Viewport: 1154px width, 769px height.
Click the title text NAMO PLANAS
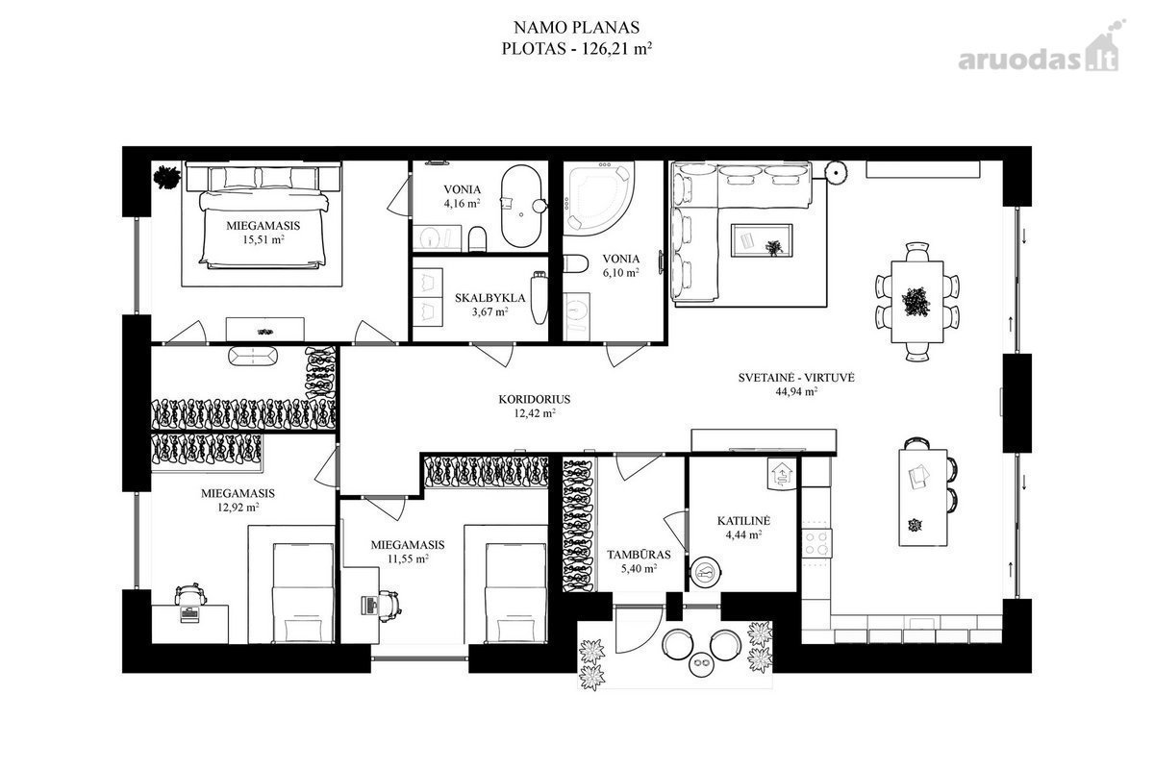pyautogui.click(x=576, y=27)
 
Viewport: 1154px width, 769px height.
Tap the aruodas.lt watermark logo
pyautogui.click(x=1041, y=53)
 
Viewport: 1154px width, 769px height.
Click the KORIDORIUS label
pyautogui.click(x=535, y=399)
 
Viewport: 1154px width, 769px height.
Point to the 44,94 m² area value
pyautogui.click(x=796, y=391)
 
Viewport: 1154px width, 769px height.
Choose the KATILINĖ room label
pyautogui.click(x=743, y=521)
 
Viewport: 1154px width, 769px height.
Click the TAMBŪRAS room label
pyautogui.click(x=639, y=555)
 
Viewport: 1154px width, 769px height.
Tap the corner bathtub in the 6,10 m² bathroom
pyautogui.click(x=599, y=199)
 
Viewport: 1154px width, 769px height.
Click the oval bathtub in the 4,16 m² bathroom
pyautogui.click(x=521, y=206)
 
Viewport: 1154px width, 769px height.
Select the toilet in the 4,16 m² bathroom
pyautogui.click(x=478, y=239)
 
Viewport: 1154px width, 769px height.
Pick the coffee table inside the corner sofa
pyautogui.click(x=762, y=240)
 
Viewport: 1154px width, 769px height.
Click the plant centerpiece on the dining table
pyautogui.click(x=916, y=302)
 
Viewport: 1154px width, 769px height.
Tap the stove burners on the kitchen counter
pyautogui.click(x=816, y=543)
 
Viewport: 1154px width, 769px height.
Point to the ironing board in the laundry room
pyautogui.click(x=539, y=298)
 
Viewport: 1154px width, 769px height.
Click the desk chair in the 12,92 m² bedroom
pyautogui.click(x=190, y=594)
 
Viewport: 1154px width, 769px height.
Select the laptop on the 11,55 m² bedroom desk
pyautogui.click(x=369, y=605)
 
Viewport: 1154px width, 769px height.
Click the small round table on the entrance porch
pyautogui.click(x=701, y=665)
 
